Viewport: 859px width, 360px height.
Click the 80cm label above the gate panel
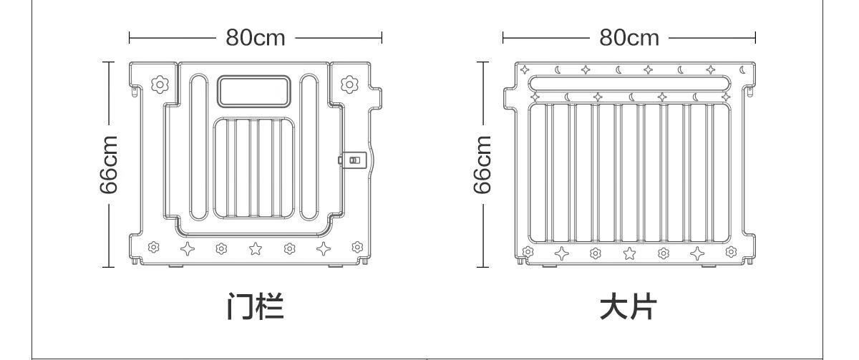point(256,37)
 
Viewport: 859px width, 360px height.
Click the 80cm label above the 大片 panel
point(629,37)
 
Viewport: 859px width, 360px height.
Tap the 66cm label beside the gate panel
point(108,165)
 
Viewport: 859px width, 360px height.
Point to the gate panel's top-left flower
point(160,84)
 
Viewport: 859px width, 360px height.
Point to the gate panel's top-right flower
point(349,84)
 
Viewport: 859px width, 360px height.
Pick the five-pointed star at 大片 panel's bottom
point(629,253)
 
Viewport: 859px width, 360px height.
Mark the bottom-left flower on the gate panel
point(153,248)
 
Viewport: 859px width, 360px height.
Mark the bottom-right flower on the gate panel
point(356,248)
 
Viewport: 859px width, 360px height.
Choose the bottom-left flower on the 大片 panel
point(528,251)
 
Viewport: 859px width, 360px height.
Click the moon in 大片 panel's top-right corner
point(742,70)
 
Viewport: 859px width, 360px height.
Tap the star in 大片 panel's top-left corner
point(525,70)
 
